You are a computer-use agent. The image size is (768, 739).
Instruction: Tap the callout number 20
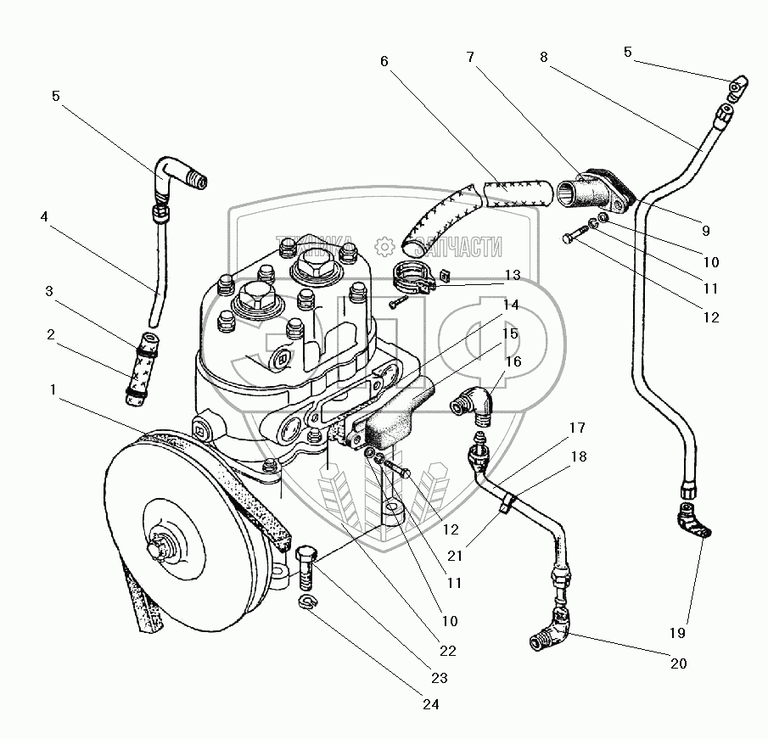point(678,664)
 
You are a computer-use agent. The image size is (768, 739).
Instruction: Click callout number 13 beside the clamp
point(512,274)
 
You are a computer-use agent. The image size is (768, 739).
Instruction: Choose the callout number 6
point(384,61)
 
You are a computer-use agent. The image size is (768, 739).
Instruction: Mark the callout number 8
point(543,57)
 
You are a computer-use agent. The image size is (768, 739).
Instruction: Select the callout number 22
point(447,651)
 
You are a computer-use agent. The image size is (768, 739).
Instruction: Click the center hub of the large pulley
point(158,550)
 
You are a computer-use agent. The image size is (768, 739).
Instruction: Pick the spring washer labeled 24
point(310,602)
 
